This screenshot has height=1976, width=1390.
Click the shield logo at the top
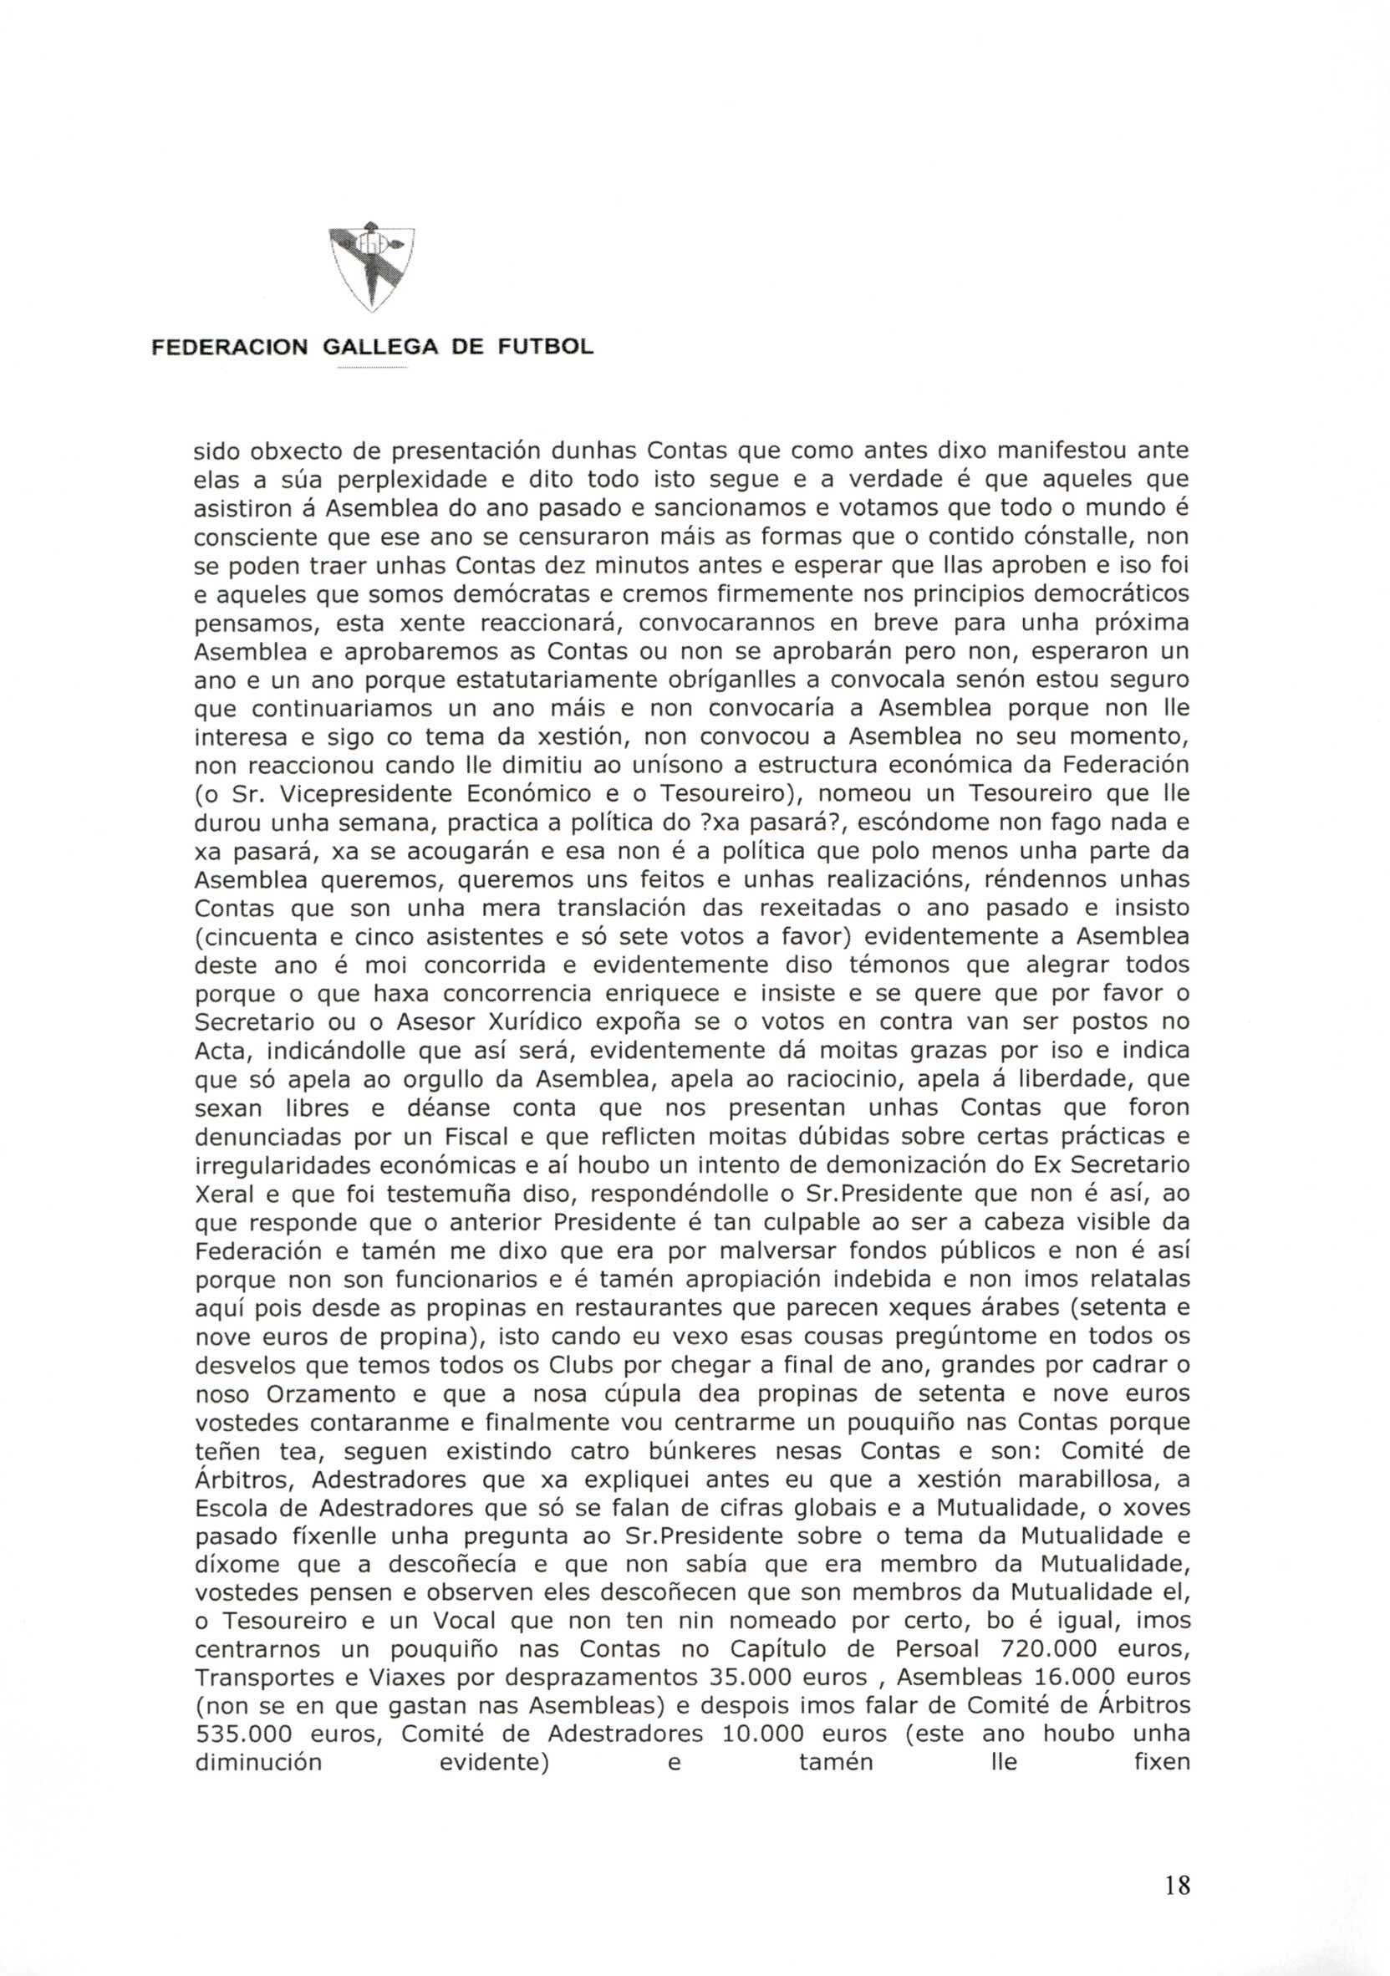click(373, 267)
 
